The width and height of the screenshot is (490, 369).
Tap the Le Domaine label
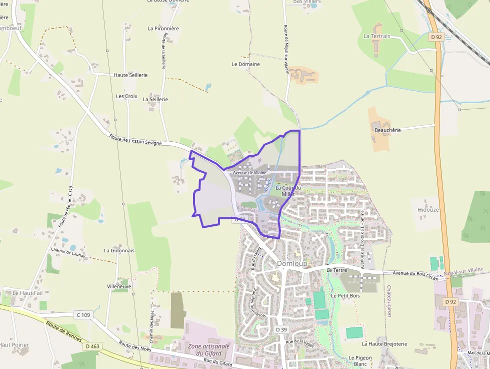245,64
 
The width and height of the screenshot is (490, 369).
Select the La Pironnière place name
163,29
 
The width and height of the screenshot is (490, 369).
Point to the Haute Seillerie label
130,75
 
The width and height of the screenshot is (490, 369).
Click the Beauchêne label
387,130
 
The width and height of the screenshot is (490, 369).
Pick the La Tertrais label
376,36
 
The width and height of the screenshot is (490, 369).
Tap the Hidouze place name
428,210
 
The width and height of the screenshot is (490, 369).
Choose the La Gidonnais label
119,250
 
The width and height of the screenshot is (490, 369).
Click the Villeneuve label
119,286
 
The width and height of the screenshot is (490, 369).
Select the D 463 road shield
92,346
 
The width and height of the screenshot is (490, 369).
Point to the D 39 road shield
281,329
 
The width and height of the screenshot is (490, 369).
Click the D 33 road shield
239,219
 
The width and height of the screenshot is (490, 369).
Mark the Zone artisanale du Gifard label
208,349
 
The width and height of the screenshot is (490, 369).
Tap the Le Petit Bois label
345,296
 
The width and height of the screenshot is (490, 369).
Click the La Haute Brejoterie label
384,344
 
